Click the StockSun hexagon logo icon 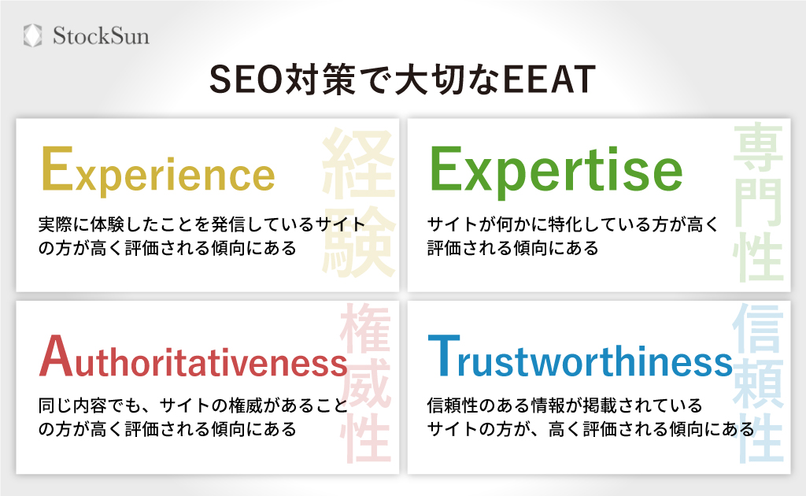pos(33,35)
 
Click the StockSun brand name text pos(101,36)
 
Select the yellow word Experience pos(157,171)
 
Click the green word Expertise pos(555,171)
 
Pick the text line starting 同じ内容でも pos(193,406)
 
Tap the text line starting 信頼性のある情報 pos(564,406)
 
